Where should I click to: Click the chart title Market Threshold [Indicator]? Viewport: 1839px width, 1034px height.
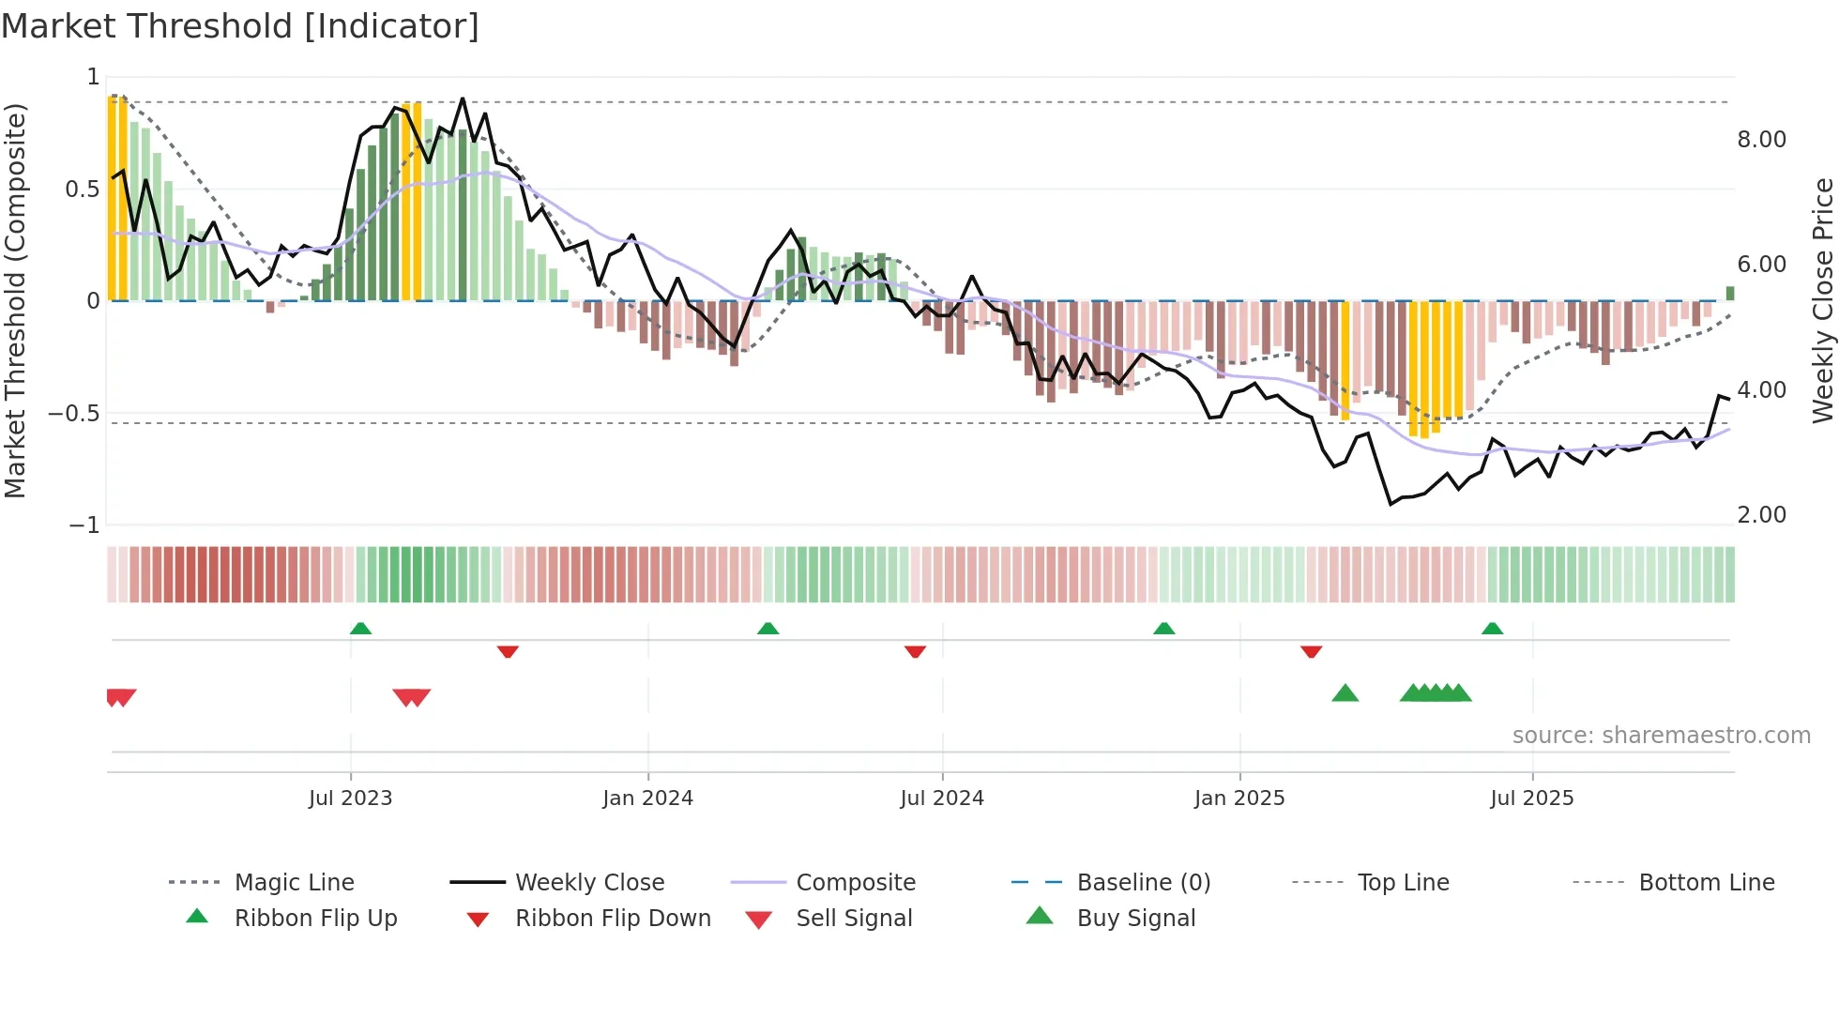pyautogui.click(x=240, y=26)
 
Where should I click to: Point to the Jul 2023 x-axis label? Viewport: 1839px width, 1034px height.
pyautogui.click(x=350, y=798)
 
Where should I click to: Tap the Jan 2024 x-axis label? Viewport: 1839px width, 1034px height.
pyautogui.click(x=647, y=798)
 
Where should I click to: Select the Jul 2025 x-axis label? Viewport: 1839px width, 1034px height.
pyautogui.click(x=1531, y=798)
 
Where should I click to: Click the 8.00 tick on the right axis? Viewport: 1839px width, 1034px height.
pyautogui.click(x=1761, y=140)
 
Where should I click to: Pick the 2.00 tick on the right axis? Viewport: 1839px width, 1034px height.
pyautogui.click(x=1761, y=515)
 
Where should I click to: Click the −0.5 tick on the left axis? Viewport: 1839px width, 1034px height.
pyautogui.click(x=74, y=414)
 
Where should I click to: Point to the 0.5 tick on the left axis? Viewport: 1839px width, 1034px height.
pyautogui.click(x=82, y=190)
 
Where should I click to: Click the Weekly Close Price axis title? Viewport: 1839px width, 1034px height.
pyautogui.click(x=1822, y=300)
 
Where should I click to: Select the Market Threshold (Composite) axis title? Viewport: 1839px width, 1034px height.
pyautogui.click(x=15, y=300)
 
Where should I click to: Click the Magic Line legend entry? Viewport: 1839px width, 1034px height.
pyautogui.click(x=294, y=883)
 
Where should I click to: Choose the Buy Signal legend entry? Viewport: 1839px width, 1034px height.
pyautogui.click(x=1135, y=919)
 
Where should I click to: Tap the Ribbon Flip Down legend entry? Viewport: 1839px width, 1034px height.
pyautogui.click(x=612, y=919)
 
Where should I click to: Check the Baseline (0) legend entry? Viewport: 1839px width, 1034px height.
pyautogui.click(x=1143, y=883)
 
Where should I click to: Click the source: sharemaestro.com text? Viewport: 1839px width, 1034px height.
pyautogui.click(x=1661, y=736)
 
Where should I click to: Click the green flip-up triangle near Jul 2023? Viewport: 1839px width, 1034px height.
pyautogui.click(x=360, y=629)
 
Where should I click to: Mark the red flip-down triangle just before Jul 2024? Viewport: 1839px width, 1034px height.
pyautogui.click(x=915, y=651)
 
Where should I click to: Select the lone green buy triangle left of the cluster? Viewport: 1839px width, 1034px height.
pyautogui.click(x=1345, y=693)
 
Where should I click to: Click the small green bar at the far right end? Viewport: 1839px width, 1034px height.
pyautogui.click(x=1729, y=294)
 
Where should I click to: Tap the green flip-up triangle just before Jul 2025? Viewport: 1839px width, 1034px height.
pyautogui.click(x=1492, y=629)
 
